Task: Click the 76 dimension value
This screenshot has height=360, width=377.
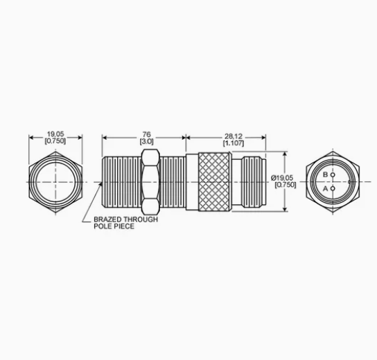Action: click(146, 134)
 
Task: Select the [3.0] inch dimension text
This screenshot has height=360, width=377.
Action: click(146, 141)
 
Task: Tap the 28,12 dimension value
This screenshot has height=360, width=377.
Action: click(234, 136)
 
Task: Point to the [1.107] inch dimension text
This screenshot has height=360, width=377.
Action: click(234, 143)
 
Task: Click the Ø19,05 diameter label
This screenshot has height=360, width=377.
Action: click(282, 178)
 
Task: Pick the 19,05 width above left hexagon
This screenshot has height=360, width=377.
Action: click(55, 134)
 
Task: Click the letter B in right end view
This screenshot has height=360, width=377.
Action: click(325, 174)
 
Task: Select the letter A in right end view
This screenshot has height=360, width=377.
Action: click(325, 189)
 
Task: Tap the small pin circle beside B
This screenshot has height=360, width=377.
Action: click(333, 175)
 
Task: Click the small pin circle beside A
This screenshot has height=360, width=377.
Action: click(333, 188)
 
